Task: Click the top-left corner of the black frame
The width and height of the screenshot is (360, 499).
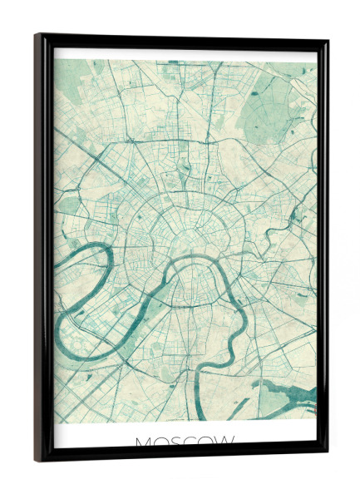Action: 37,36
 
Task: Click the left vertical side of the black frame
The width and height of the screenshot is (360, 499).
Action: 40,249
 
